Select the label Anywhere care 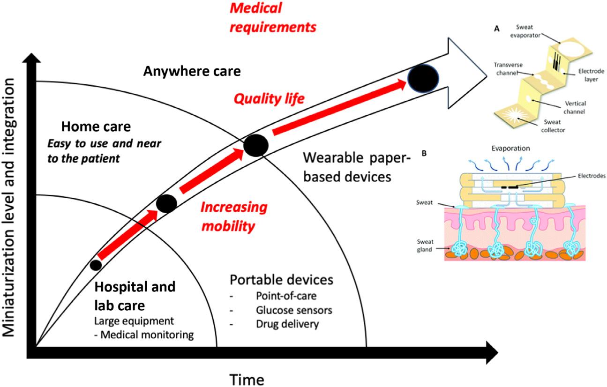pyautogui.click(x=192, y=72)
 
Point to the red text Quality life pyautogui.click(x=270, y=99)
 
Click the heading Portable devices pyautogui.click(x=281, y=280)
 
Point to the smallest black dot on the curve pyautogui.click(x=96, y=265)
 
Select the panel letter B pyautogui.click(x=424, y=153)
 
